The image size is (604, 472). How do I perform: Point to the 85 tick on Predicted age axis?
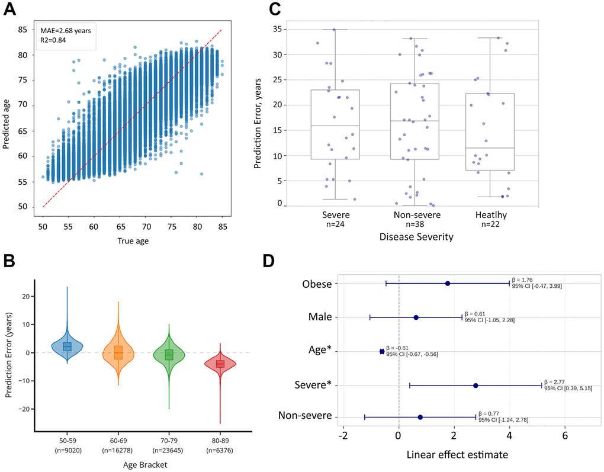coord(24,29)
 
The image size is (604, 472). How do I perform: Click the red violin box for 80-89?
coord(220,363)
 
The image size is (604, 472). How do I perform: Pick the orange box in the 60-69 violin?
coord(118,352)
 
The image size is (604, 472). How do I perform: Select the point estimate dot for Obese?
coord(448,283)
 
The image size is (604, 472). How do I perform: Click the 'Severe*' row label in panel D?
coord(313,386)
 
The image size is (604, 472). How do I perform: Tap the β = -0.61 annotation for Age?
coord(397,348)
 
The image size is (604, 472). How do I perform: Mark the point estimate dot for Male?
coord(416,317)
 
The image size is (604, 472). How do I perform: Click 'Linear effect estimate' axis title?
coord(457,455)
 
